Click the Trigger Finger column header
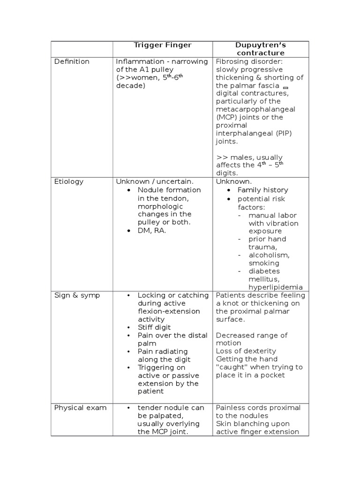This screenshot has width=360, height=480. pos(162,45)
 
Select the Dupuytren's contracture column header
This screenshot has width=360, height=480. pos(261,49)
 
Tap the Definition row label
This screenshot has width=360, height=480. pos(72,61)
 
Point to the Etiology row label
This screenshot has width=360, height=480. pos(68,181)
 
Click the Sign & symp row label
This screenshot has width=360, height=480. pos(77,295)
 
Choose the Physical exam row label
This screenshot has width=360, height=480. pos(80,408)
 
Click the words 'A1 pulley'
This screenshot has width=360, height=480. pos(157,70)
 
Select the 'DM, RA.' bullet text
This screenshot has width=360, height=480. pos(151,230)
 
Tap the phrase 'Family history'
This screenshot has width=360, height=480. pos(262,190)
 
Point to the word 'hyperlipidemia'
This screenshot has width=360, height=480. pos(275,287)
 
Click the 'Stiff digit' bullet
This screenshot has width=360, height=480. pos(154,327)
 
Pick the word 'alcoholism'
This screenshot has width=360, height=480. pos(269,255)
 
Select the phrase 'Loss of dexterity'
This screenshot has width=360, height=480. pos(246,351)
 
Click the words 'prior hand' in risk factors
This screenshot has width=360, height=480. pos(267,239)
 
